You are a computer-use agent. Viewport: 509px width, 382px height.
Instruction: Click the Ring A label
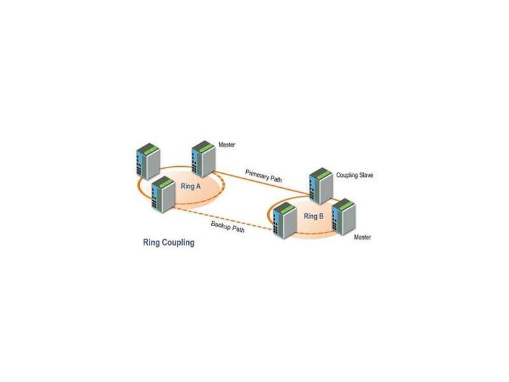tap(190, 186)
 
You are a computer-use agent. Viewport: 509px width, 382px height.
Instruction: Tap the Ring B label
tap(314, 216)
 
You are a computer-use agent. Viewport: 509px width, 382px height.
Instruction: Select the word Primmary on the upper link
tap(257, 174)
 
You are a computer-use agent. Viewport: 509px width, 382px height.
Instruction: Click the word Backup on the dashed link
tap(220, 225)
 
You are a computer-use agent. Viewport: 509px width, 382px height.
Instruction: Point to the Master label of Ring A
tap(227, 145)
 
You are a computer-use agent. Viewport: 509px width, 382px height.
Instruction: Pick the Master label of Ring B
tap(362, 237)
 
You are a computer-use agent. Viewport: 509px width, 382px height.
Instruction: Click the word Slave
tap(366, 175)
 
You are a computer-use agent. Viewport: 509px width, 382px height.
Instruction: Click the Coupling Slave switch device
tap(321, 186)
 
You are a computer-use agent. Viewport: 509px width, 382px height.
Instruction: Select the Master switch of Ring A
tap(203, 159)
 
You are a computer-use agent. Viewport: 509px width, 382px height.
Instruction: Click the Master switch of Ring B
tap(344, 216)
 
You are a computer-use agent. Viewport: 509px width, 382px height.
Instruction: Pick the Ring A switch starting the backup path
tap(164, 194)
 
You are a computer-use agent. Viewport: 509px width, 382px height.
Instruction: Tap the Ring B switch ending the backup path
tap(285, 220)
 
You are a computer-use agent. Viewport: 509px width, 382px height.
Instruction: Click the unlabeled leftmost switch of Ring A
tap(148, 161)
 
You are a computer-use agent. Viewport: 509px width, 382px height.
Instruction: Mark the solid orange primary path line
tap(261, 183)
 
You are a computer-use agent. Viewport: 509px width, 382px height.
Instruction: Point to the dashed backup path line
tap(224, 218)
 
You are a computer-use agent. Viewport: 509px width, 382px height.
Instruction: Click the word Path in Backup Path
tap(238, 229)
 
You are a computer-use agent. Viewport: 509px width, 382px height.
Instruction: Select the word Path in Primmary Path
tap(276, 179)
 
